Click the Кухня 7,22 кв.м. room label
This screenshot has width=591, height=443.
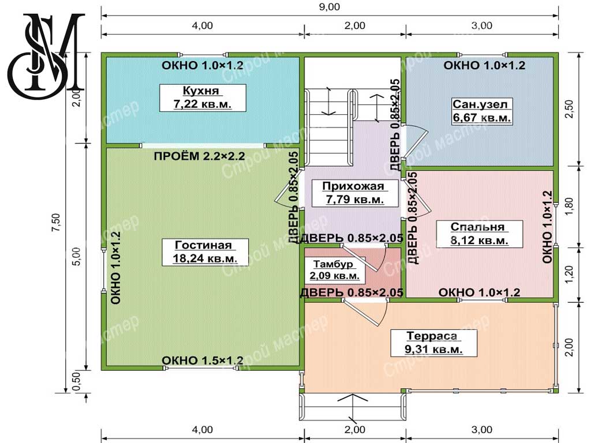coord(203,97)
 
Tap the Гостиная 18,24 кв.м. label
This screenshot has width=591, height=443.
coord(205,251)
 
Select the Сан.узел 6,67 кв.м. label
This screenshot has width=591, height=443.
coord(481,111)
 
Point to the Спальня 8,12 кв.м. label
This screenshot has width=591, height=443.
coord(479,234)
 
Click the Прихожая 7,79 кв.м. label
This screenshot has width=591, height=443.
coord(355,193)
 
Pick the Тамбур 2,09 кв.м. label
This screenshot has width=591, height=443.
coord(335,270)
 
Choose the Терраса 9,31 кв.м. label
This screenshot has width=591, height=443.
coord(433,343)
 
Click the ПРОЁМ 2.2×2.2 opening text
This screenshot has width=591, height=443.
coord(199,156)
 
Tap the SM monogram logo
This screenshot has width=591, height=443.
coord(46,55)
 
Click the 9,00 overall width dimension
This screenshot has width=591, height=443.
coord(329,7)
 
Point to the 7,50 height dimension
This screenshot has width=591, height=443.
coord(56,222)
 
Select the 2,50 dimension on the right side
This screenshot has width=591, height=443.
coord(570,109)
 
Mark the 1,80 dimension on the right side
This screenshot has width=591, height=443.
coord(570,207)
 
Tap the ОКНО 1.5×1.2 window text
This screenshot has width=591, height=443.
coord(203,361)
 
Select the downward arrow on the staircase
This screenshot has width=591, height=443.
coord(328,101)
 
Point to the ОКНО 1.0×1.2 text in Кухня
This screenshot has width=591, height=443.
coord(203,65)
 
